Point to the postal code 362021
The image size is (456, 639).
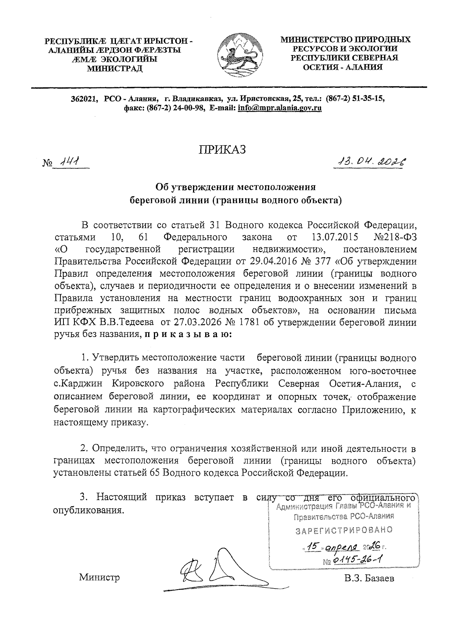84,99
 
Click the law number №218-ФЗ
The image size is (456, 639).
395,238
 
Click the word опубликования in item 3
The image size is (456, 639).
88,510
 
